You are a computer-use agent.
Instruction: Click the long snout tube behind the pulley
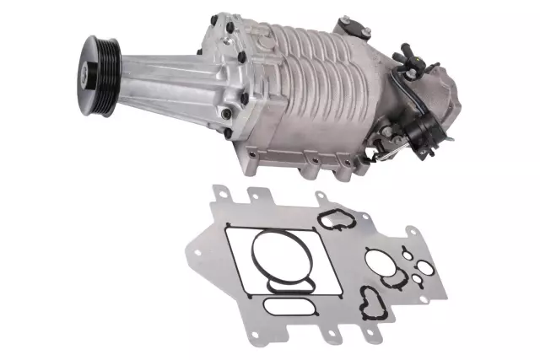160,81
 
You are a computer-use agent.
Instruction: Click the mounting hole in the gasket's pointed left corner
196,252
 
